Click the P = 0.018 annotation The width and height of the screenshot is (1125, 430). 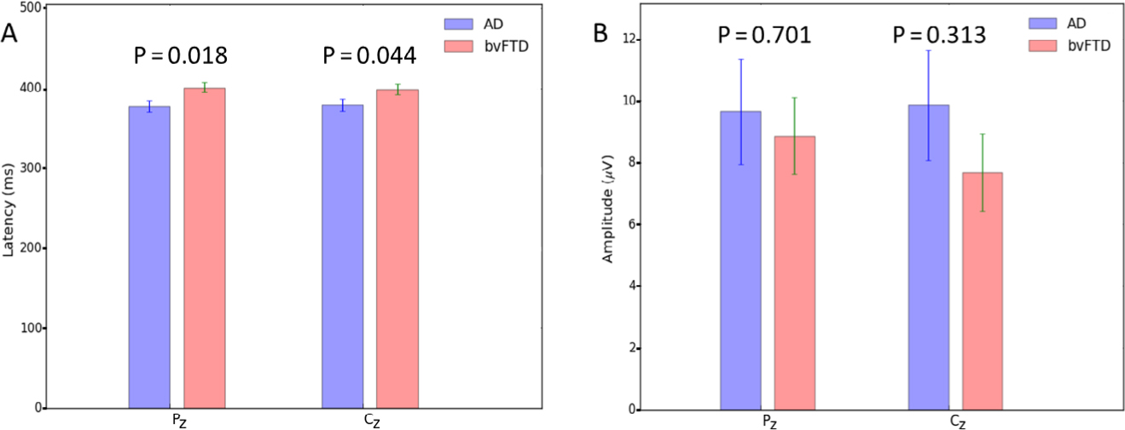181,56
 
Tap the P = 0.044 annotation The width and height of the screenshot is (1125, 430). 369,56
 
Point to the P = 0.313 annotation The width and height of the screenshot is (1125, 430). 939,36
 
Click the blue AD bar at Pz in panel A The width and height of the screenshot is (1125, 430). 149,257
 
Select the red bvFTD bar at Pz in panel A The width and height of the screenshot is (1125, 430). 205,247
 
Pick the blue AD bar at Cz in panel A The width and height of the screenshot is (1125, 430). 342,256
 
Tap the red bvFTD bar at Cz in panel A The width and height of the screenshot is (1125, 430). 397,248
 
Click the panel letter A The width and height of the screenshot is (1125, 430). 10,34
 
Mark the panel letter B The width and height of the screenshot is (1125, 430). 600,34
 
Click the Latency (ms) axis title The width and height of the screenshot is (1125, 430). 9,207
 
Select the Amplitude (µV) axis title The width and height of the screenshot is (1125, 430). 609,207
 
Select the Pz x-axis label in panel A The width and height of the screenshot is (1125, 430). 177,420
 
